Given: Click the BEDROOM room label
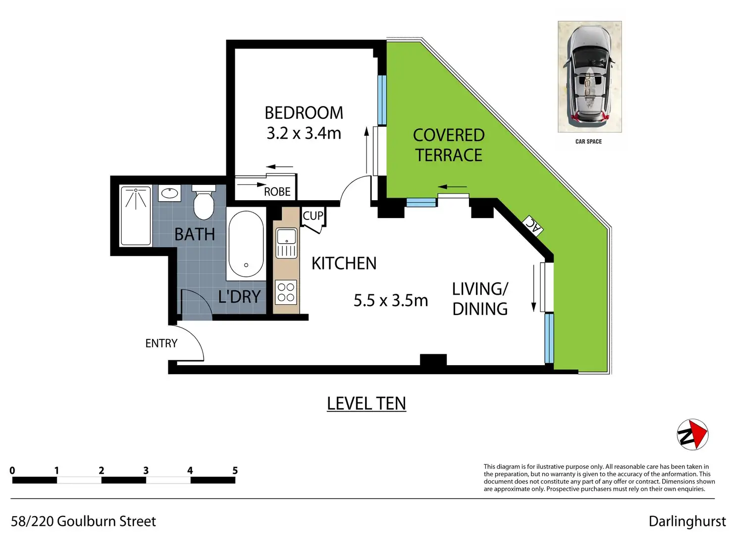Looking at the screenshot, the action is (304, 113).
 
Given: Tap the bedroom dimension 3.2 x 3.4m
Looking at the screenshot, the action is (304, 133).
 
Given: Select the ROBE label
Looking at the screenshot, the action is (277, 192).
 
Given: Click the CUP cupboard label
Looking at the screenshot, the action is (313, 216).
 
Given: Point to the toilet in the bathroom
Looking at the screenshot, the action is (204, 202).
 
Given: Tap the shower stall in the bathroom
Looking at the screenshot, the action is (136, 216).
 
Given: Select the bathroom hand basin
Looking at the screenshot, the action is (169, 193).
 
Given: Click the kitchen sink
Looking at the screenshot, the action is (287, 243).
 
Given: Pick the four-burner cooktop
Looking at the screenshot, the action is (286, 292).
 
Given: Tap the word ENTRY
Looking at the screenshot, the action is (161, 343).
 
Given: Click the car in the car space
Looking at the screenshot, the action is (589, 76).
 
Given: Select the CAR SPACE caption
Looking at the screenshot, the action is (588, 142).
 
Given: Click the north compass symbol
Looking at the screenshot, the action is (692, 435).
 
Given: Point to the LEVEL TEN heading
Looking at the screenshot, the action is (366, 403).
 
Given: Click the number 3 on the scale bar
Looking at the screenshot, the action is (146, 470).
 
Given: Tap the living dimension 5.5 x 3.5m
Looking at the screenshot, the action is (391, 300).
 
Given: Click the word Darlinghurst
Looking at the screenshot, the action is (687, 521).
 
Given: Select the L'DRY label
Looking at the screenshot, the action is (239, 297).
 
